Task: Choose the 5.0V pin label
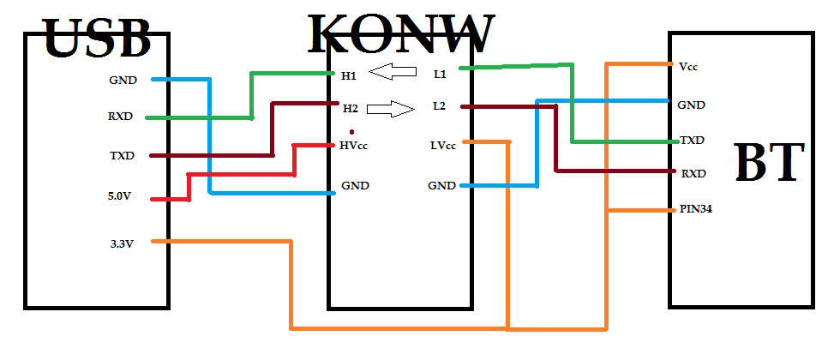tap(121, 196)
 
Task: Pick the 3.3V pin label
tap(121, 243)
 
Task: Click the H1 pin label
tap(349, 76)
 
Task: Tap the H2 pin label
tap(350, 108)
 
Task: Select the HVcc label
tap(354, 146)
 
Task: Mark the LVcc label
tap(442, 145)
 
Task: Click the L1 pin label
tap(440, 75)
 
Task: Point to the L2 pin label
tap(440, 106)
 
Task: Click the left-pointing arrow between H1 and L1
tap(393, 74)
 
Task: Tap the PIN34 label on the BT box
tap(695, 208)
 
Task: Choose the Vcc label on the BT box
tap(687, 66)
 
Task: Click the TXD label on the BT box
tap(692, 140)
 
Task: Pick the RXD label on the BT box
tap(693, 173)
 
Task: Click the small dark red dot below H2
tap(352, 130)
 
